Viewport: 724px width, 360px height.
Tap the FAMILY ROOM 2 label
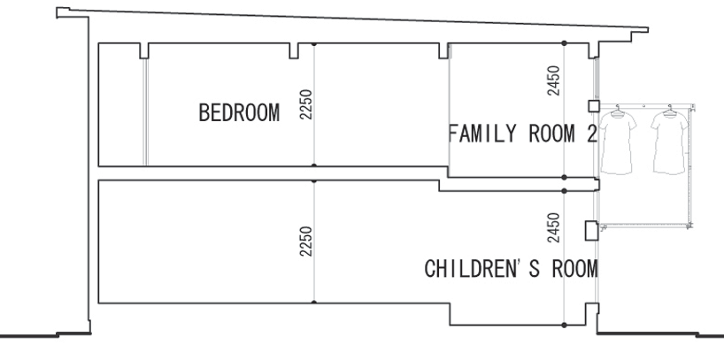[x=522, y=136]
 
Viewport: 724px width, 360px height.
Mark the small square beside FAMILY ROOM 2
[x=593, y=107]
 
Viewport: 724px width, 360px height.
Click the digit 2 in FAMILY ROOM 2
[x=593, y=136]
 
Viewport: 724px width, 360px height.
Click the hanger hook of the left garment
[x=616, y=107]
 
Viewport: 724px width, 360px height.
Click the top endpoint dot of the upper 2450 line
[x=566, y=43]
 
